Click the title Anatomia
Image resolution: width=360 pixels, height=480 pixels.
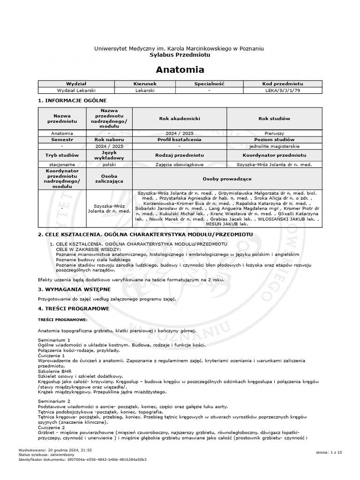tap(180, 70)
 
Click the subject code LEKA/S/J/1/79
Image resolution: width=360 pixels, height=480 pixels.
tap(283, 90)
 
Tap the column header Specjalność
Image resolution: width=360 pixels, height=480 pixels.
tap(210, 83)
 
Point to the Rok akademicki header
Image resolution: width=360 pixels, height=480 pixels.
tap(180, 119)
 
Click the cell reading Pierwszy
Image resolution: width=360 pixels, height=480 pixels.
tap(274, 133)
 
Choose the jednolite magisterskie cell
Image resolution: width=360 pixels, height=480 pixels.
tap(274, 146)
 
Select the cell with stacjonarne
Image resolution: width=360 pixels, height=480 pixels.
tap(62, 165)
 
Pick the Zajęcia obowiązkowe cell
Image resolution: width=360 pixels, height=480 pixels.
tap(180, 165)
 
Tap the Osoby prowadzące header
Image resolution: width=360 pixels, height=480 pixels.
tap(227, 179)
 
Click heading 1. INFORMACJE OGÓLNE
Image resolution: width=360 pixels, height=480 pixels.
tap(72, 100)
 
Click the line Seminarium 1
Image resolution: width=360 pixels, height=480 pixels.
tap(54, 339)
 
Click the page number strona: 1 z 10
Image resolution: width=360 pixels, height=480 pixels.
tap(329, 452)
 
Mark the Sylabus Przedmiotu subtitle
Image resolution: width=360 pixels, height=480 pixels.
tap(180, 54)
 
